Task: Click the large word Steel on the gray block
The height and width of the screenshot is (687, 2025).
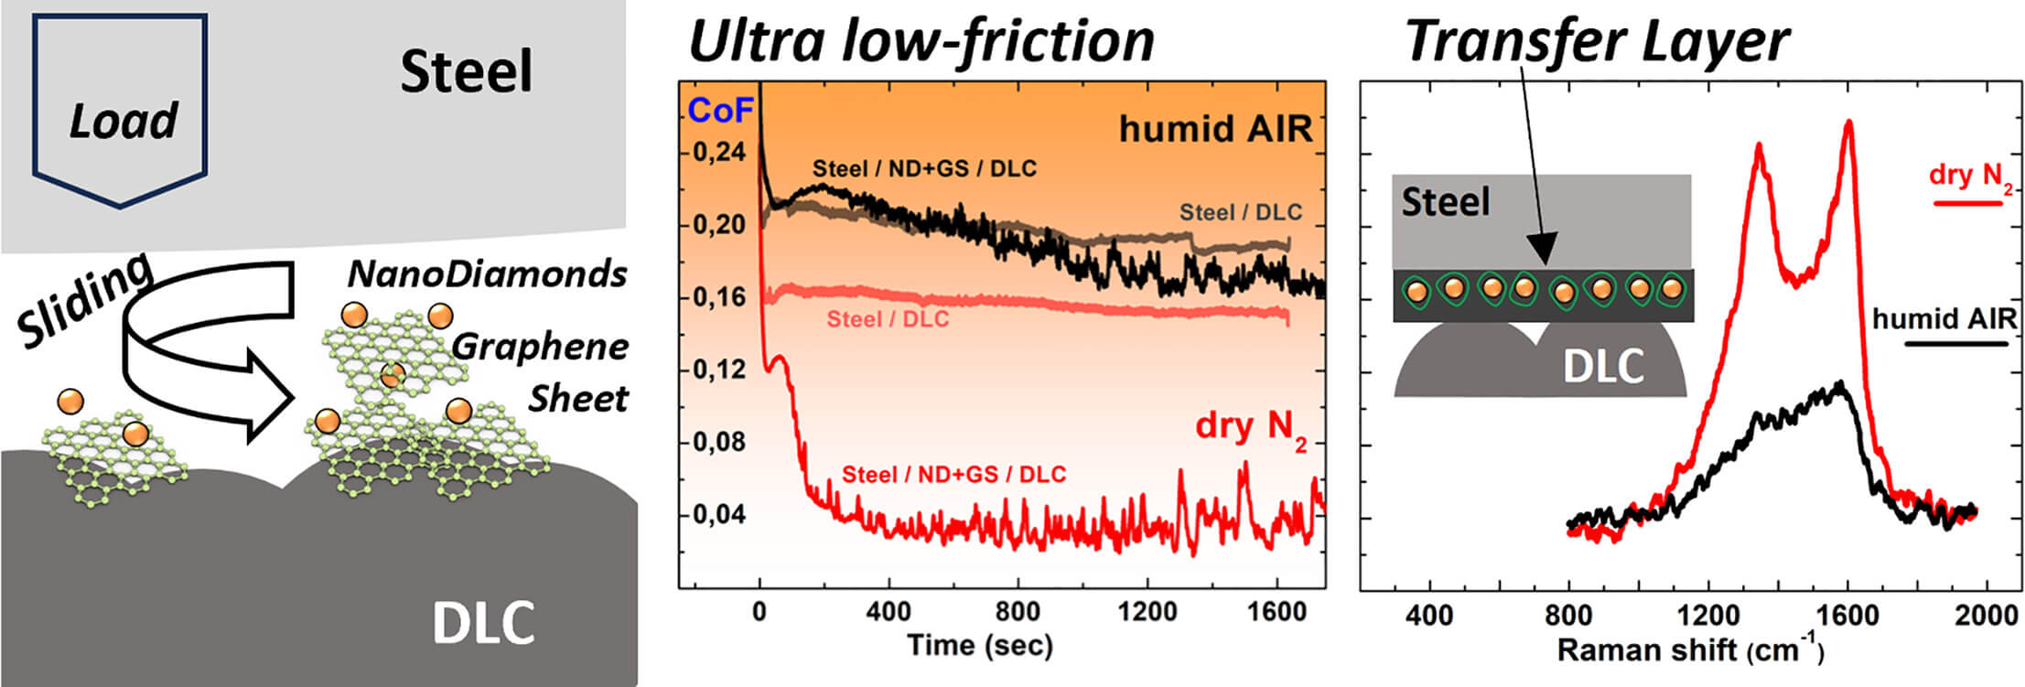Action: click(466, 72)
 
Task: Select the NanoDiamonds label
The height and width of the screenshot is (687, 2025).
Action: click(487, 274)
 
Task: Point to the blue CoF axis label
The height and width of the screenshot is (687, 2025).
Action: click(720, 111)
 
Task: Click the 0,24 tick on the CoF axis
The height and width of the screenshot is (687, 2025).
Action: click(718, 153)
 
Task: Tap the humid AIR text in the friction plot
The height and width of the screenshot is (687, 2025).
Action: click(1215, 129)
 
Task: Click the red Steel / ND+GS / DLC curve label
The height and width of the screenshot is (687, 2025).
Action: click(953, 475)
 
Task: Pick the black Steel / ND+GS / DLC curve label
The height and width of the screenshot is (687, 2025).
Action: click(924, 168)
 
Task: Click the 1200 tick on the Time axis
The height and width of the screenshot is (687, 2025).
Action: click(1147, 612)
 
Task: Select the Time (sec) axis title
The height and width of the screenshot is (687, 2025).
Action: click(980, 646)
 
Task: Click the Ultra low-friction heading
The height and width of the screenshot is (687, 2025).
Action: click(921, 41)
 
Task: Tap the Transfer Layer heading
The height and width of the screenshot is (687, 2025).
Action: click(1596, 41)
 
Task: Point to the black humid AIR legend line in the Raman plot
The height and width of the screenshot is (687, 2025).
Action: click(1956, 344)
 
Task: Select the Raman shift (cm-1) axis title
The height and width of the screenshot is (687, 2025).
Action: click(1689, 650)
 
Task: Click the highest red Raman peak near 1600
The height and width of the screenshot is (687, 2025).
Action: click(1849, 123)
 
